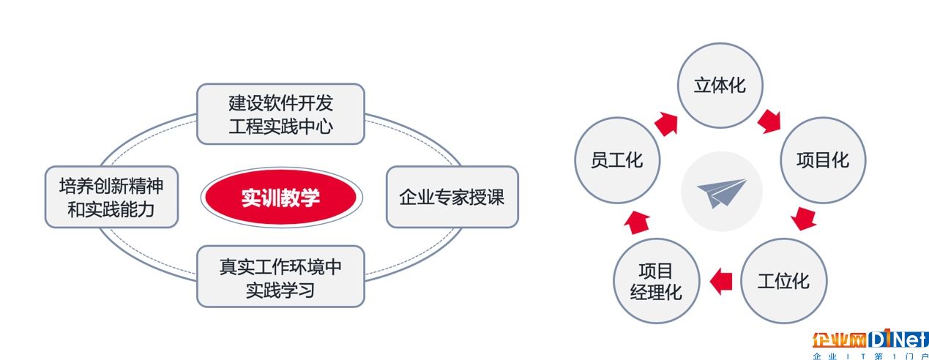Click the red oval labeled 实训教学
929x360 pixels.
pos(282,198)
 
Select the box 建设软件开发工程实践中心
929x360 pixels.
pos(281,114)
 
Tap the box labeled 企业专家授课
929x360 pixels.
pos(452,197)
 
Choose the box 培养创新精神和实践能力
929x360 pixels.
pos(111,197)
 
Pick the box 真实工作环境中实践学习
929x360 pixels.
pos(281,277)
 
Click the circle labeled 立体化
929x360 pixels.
pos(720,86)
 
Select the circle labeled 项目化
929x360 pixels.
pos(823,160)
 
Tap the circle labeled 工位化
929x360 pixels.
pos(783,281)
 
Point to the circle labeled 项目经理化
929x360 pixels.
pos(656,281)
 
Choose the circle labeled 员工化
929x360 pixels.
pos(617,160)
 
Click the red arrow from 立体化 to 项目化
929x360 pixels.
pos(769,121)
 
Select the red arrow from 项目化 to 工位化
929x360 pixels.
pos(803,219)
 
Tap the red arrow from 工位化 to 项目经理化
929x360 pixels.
pos(721,281)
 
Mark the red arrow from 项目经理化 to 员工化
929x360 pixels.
pos(637,222)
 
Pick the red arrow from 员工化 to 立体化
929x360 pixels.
pos(666,124)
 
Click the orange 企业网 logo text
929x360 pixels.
pos(838,340)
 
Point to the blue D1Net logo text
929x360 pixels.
pos(898,340)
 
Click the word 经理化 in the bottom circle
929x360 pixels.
pos(656,292)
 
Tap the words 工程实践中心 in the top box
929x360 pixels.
pos(281,126)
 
